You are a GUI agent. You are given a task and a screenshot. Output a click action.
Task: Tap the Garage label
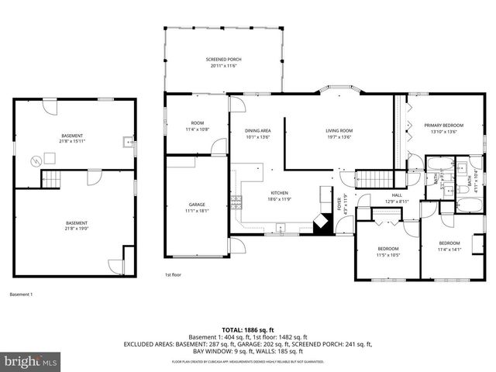[197, 205]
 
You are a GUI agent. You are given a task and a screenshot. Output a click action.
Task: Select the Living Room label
[339, 130]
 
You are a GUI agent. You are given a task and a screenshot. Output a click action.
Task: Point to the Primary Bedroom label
[443, 125]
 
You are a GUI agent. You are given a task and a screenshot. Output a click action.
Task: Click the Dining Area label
[257, 130]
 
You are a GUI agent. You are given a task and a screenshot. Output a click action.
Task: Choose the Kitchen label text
[279, 192]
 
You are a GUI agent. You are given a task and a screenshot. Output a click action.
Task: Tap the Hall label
[396, 195]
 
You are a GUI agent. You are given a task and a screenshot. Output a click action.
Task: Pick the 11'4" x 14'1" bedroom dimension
[449, 250]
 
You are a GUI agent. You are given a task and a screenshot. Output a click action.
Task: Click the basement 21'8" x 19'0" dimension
[76, 229]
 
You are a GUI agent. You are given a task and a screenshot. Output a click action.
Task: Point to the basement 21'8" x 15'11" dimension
[72, 142]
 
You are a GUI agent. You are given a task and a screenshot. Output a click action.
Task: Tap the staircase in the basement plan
[50, 180]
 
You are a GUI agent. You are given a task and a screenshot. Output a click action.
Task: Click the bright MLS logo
[31, 361]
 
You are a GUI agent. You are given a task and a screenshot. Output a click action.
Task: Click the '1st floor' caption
[173, 275]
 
